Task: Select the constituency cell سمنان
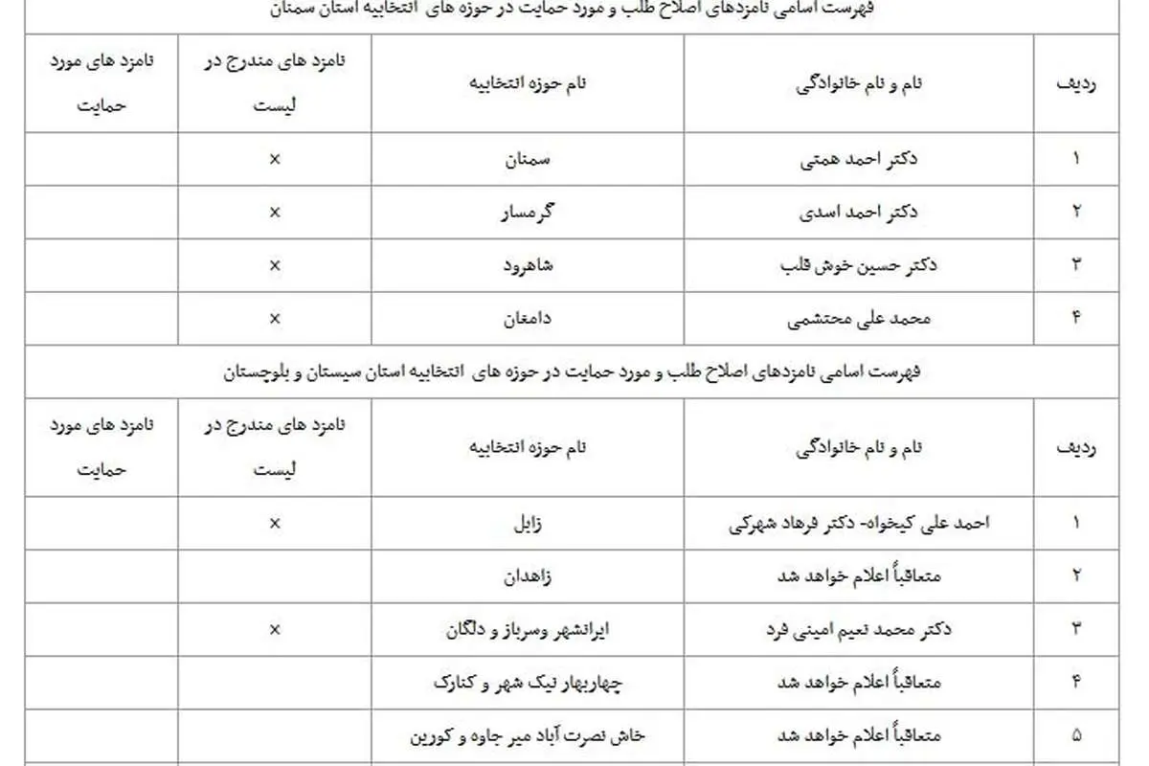click(x=529, y=159)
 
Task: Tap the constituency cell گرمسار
click(x=529, y=213)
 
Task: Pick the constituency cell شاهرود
click(x=529, y=265)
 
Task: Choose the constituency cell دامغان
click(x=529, y=318)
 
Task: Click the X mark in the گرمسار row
click(x=275, y=213)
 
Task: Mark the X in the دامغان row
click(x=275, y=318)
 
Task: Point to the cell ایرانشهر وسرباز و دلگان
click(x=529, y=630)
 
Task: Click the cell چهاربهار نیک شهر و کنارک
click(x=529, y=684)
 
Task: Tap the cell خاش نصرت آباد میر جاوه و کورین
click(x=529, y=737)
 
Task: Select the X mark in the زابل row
click(x=275, y=523)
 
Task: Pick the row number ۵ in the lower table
click(x=1076, y=737)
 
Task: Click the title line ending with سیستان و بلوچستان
click(x=574, y=371)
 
